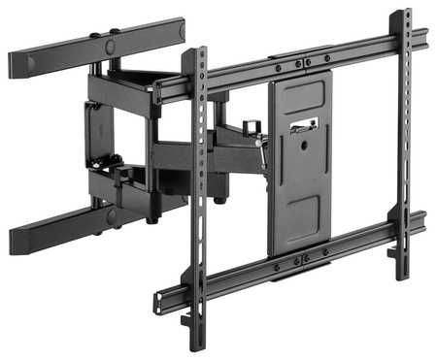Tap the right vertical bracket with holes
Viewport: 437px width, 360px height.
point(402,146)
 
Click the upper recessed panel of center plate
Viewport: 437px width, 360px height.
point(300,97)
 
